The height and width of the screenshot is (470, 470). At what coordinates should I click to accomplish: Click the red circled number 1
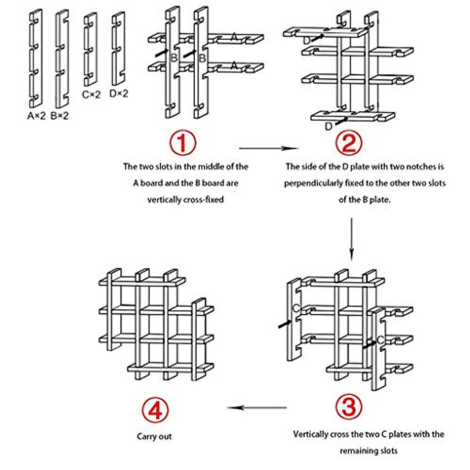[x=183, y=143]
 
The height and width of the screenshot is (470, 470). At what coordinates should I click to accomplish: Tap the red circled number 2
[x=349, y=143]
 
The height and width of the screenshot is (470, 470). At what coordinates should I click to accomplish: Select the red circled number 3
[x=349, y=407]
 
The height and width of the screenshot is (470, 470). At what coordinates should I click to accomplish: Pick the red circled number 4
[x=155, y=410]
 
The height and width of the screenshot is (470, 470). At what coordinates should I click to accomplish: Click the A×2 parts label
[x=36, y=116]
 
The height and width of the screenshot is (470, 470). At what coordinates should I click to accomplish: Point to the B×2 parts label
[x=60, y=116]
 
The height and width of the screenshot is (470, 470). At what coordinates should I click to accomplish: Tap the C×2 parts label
[x=91, y=94]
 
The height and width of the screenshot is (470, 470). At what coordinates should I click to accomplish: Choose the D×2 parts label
[x=119, y=94]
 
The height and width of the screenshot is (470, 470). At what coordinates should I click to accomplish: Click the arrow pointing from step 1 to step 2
[x=269, y=148]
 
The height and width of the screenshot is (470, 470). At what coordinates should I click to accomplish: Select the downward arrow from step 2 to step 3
[x=351, y=239]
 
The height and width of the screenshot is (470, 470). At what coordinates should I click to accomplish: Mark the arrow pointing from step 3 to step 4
[x=257, y=408]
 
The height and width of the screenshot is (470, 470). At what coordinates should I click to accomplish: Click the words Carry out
[x=154, y=436]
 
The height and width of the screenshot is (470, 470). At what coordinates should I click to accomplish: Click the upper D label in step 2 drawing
[x=307, y=40]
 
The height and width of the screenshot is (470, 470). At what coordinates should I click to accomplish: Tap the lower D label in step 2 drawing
[x=329, y=126]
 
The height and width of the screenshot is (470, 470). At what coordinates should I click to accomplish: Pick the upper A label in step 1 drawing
[x=234, y=38]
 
